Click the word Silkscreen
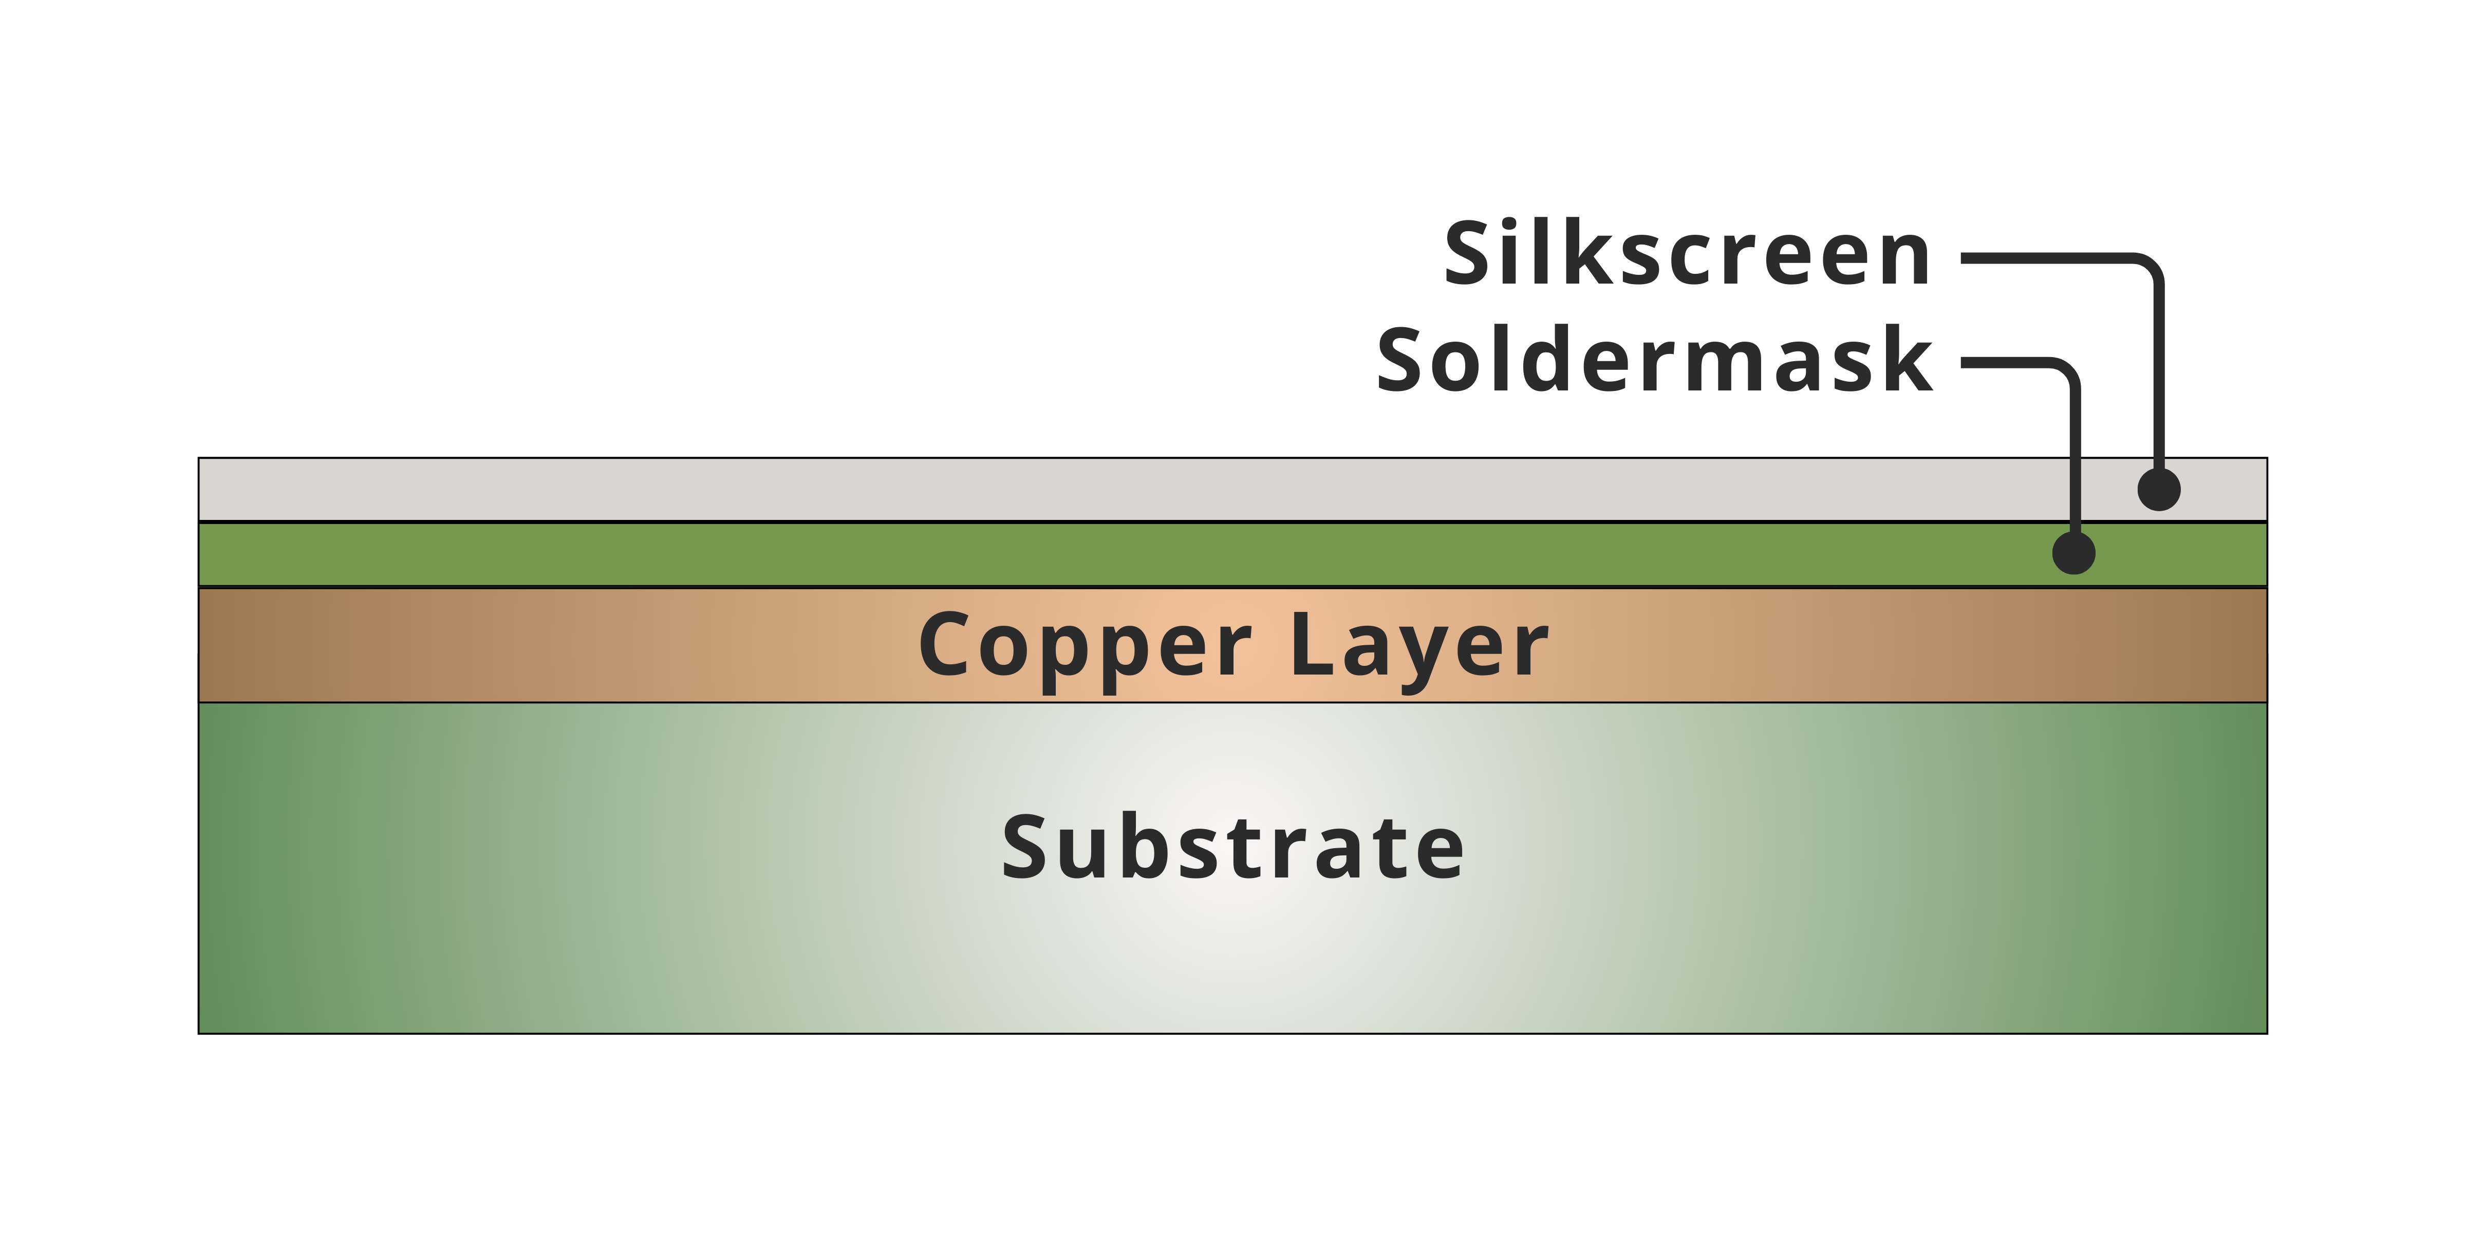pos(1687,255)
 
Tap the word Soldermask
pos(1654,361)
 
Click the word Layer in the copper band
pos(1418,646)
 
